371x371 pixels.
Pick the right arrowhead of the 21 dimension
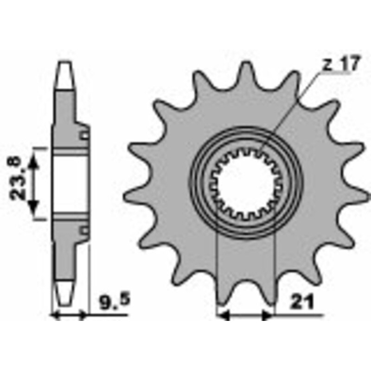tap(268, 315)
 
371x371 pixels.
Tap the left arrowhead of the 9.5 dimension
tap(55, 315)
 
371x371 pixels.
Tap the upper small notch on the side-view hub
tap(84, 135)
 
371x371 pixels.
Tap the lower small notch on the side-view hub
tap(84, 231)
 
